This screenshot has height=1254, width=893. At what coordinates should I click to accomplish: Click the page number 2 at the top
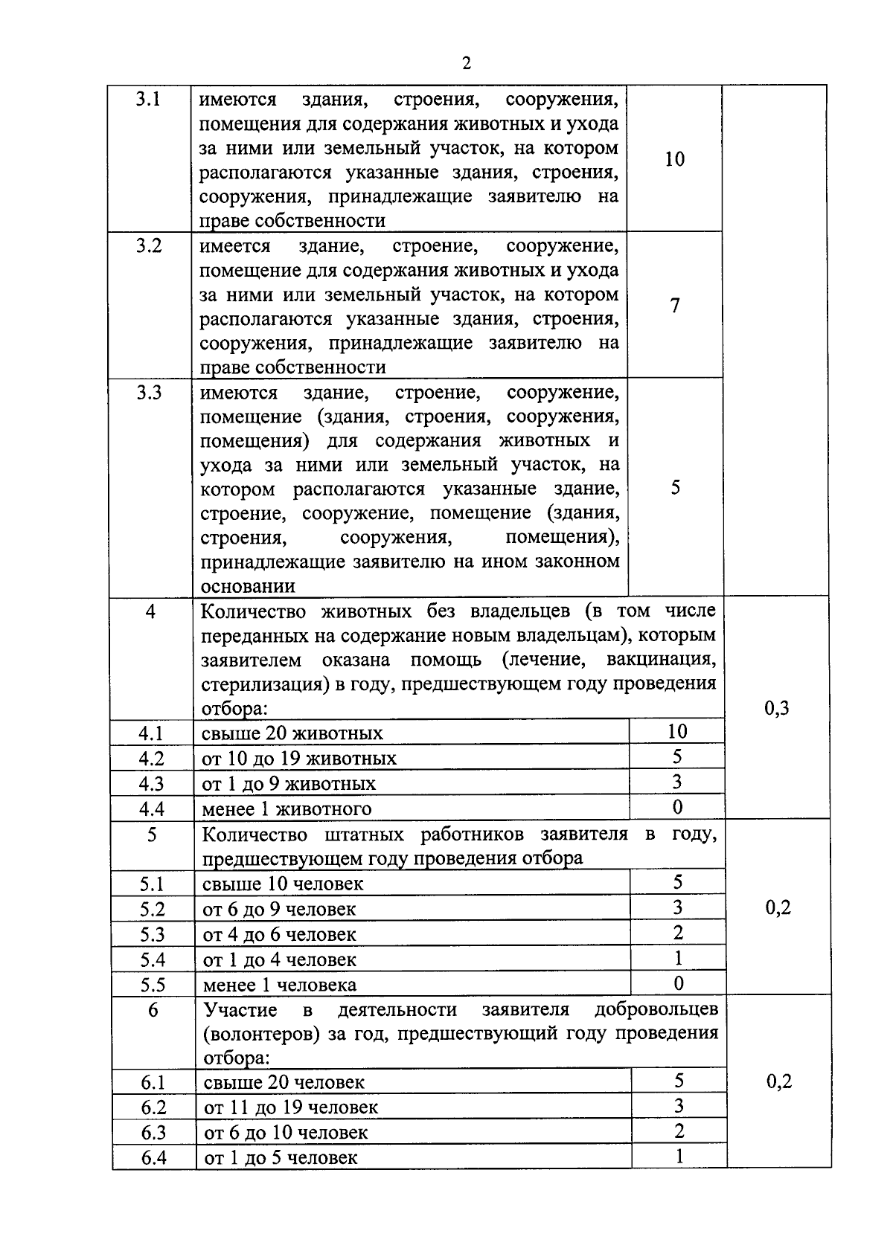pos(466,64)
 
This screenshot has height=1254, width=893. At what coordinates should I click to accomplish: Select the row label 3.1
pos(149,99)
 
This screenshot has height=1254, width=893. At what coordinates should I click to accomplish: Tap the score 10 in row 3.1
pos(674,159)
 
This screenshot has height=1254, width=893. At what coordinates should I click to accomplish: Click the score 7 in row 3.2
pos(675,306)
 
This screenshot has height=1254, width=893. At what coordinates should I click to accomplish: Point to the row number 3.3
pos(149,393)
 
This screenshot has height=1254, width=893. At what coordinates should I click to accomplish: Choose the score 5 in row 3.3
pos(675,488)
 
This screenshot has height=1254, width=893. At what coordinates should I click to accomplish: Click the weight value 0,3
pos(777,708)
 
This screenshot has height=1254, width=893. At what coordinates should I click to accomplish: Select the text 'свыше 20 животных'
pos(292,734)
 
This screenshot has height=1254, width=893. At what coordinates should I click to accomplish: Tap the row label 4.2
pos(151,759)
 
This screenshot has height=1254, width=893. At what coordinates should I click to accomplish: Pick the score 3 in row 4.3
pos(676,782)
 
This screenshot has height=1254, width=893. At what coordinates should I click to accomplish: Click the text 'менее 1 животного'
pos(287,809)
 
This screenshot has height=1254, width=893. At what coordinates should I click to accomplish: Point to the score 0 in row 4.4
pos(677,807)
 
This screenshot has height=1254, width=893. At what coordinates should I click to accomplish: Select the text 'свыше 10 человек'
pos(283,884)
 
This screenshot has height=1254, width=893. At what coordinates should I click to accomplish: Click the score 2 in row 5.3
pos(678,933)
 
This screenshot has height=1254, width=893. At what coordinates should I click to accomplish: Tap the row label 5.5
pos(153,985)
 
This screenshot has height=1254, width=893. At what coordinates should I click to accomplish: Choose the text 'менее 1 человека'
pos(280,985)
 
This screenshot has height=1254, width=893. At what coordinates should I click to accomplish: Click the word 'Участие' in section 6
pos(240,1010)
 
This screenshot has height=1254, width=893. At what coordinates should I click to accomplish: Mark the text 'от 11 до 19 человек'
pos(291,1107)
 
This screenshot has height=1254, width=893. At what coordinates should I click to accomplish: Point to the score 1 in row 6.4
pos(679,1157)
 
